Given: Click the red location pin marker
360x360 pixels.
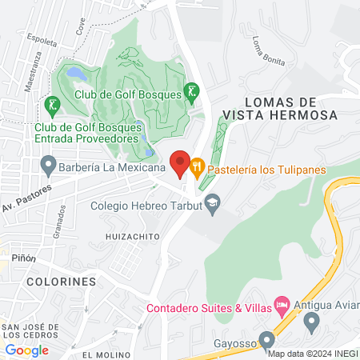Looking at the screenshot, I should tap(180, 163).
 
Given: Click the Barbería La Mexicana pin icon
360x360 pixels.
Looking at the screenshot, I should tap(48, 168).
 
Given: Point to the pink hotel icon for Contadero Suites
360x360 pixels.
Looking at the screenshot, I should tap(281, 304).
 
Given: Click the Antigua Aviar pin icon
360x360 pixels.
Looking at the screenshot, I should tap(312, 322).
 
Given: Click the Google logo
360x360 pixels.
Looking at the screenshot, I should tap(26, 350).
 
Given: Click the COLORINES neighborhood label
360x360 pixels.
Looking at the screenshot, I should tap(61, 282).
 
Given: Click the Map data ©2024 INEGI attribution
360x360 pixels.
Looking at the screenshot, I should tap(313, 354).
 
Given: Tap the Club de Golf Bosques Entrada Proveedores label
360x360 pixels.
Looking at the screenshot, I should tap(89, 132).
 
